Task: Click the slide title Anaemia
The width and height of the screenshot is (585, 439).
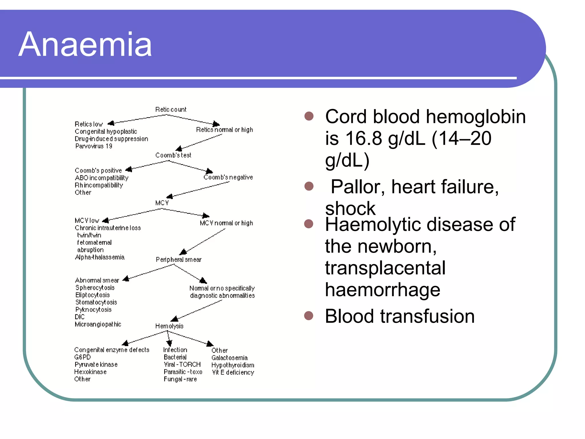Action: (x=85, y=45)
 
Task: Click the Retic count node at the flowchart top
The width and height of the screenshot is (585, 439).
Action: (x=171, y=109)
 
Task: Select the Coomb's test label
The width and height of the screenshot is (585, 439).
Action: (x=173, y=155)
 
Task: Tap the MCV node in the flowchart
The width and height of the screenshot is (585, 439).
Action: (x=162, y=203)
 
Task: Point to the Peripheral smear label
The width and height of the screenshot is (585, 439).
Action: (x=179, y=260)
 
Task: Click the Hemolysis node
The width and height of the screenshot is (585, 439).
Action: (x=169, y=326)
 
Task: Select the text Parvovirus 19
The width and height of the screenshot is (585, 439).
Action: (x=94, y=146)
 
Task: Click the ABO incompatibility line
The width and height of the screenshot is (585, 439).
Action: (x=101, y=178)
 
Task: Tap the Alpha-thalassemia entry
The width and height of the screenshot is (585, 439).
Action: (x=100, y=257)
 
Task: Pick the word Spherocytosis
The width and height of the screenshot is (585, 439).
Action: (x=95, y=288)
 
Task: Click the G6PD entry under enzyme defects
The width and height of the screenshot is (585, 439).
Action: (x=82, y=357)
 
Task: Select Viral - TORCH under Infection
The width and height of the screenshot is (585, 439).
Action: (x=182, y=365)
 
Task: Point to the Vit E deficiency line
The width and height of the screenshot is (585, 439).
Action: (x=233, y=372)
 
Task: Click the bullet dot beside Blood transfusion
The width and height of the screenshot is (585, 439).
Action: (x=309, y=316)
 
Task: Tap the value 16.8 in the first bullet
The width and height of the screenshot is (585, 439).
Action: (x=364, y=138)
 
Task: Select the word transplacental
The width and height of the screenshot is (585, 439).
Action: (x=385, y=268)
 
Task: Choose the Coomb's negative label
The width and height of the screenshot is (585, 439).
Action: (x=228, y=177)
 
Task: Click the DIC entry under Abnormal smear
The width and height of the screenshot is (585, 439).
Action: (x=80, y=317)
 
